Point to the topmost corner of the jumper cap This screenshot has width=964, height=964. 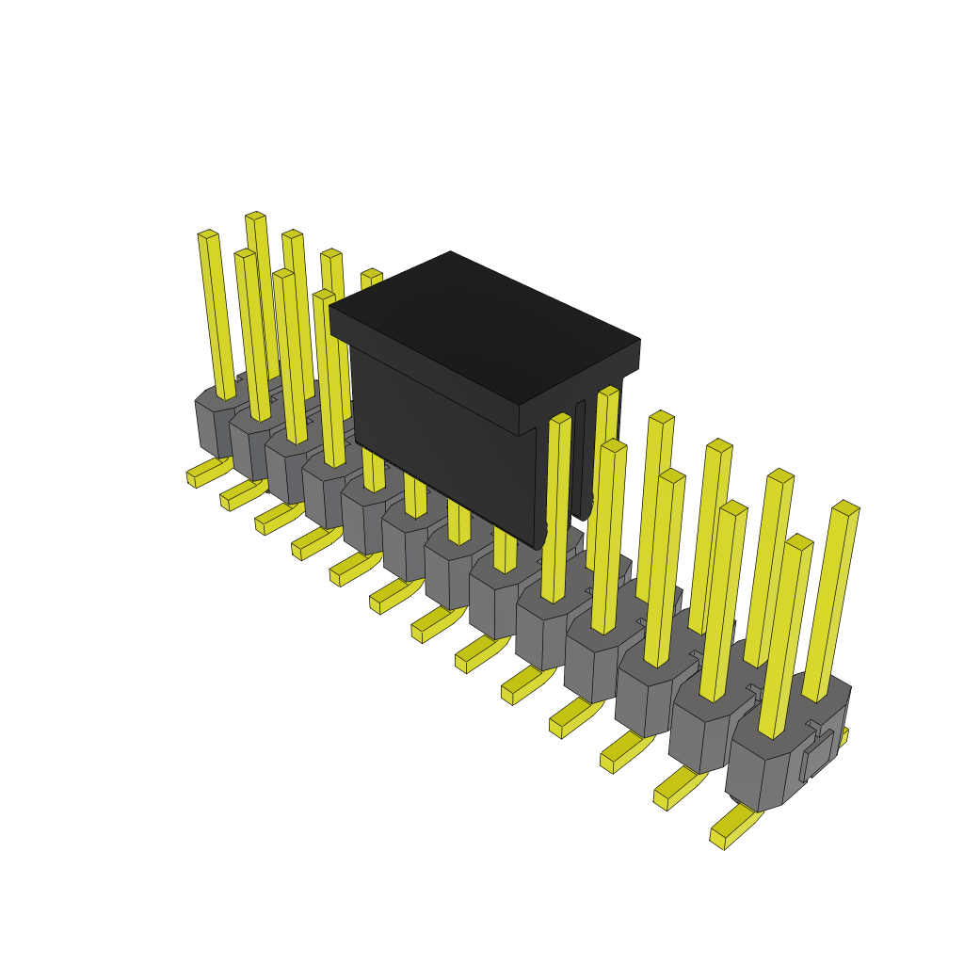click(x=450, y=252)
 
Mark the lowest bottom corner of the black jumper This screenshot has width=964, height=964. click(x=538, y=547)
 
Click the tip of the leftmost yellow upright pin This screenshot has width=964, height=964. click(x=208, y=234)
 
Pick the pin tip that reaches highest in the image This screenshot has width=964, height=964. click(x=255, y=217)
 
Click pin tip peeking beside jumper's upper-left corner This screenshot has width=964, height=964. click(x=372, y=275)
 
